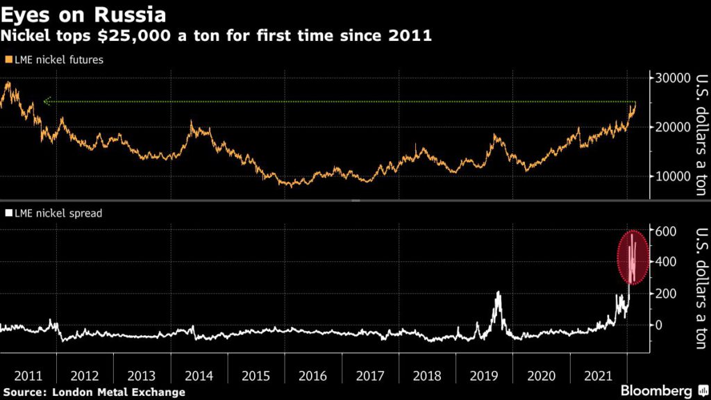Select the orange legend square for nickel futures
click(x=8, y=60)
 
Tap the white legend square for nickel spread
click(x=8, y=213)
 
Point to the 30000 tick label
click(x=670, y=78)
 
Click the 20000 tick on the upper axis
click(x=670, y=127)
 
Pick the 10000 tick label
click(x=670, y=176)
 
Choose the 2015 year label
click(x=256, y=376)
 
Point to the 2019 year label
click(x=484, y=376)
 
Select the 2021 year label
click(x=598, y=376)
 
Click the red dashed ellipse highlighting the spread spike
click(x=633, y=257)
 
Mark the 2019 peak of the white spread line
click(x=498, y=292)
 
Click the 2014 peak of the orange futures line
click(x=192, y=124)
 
